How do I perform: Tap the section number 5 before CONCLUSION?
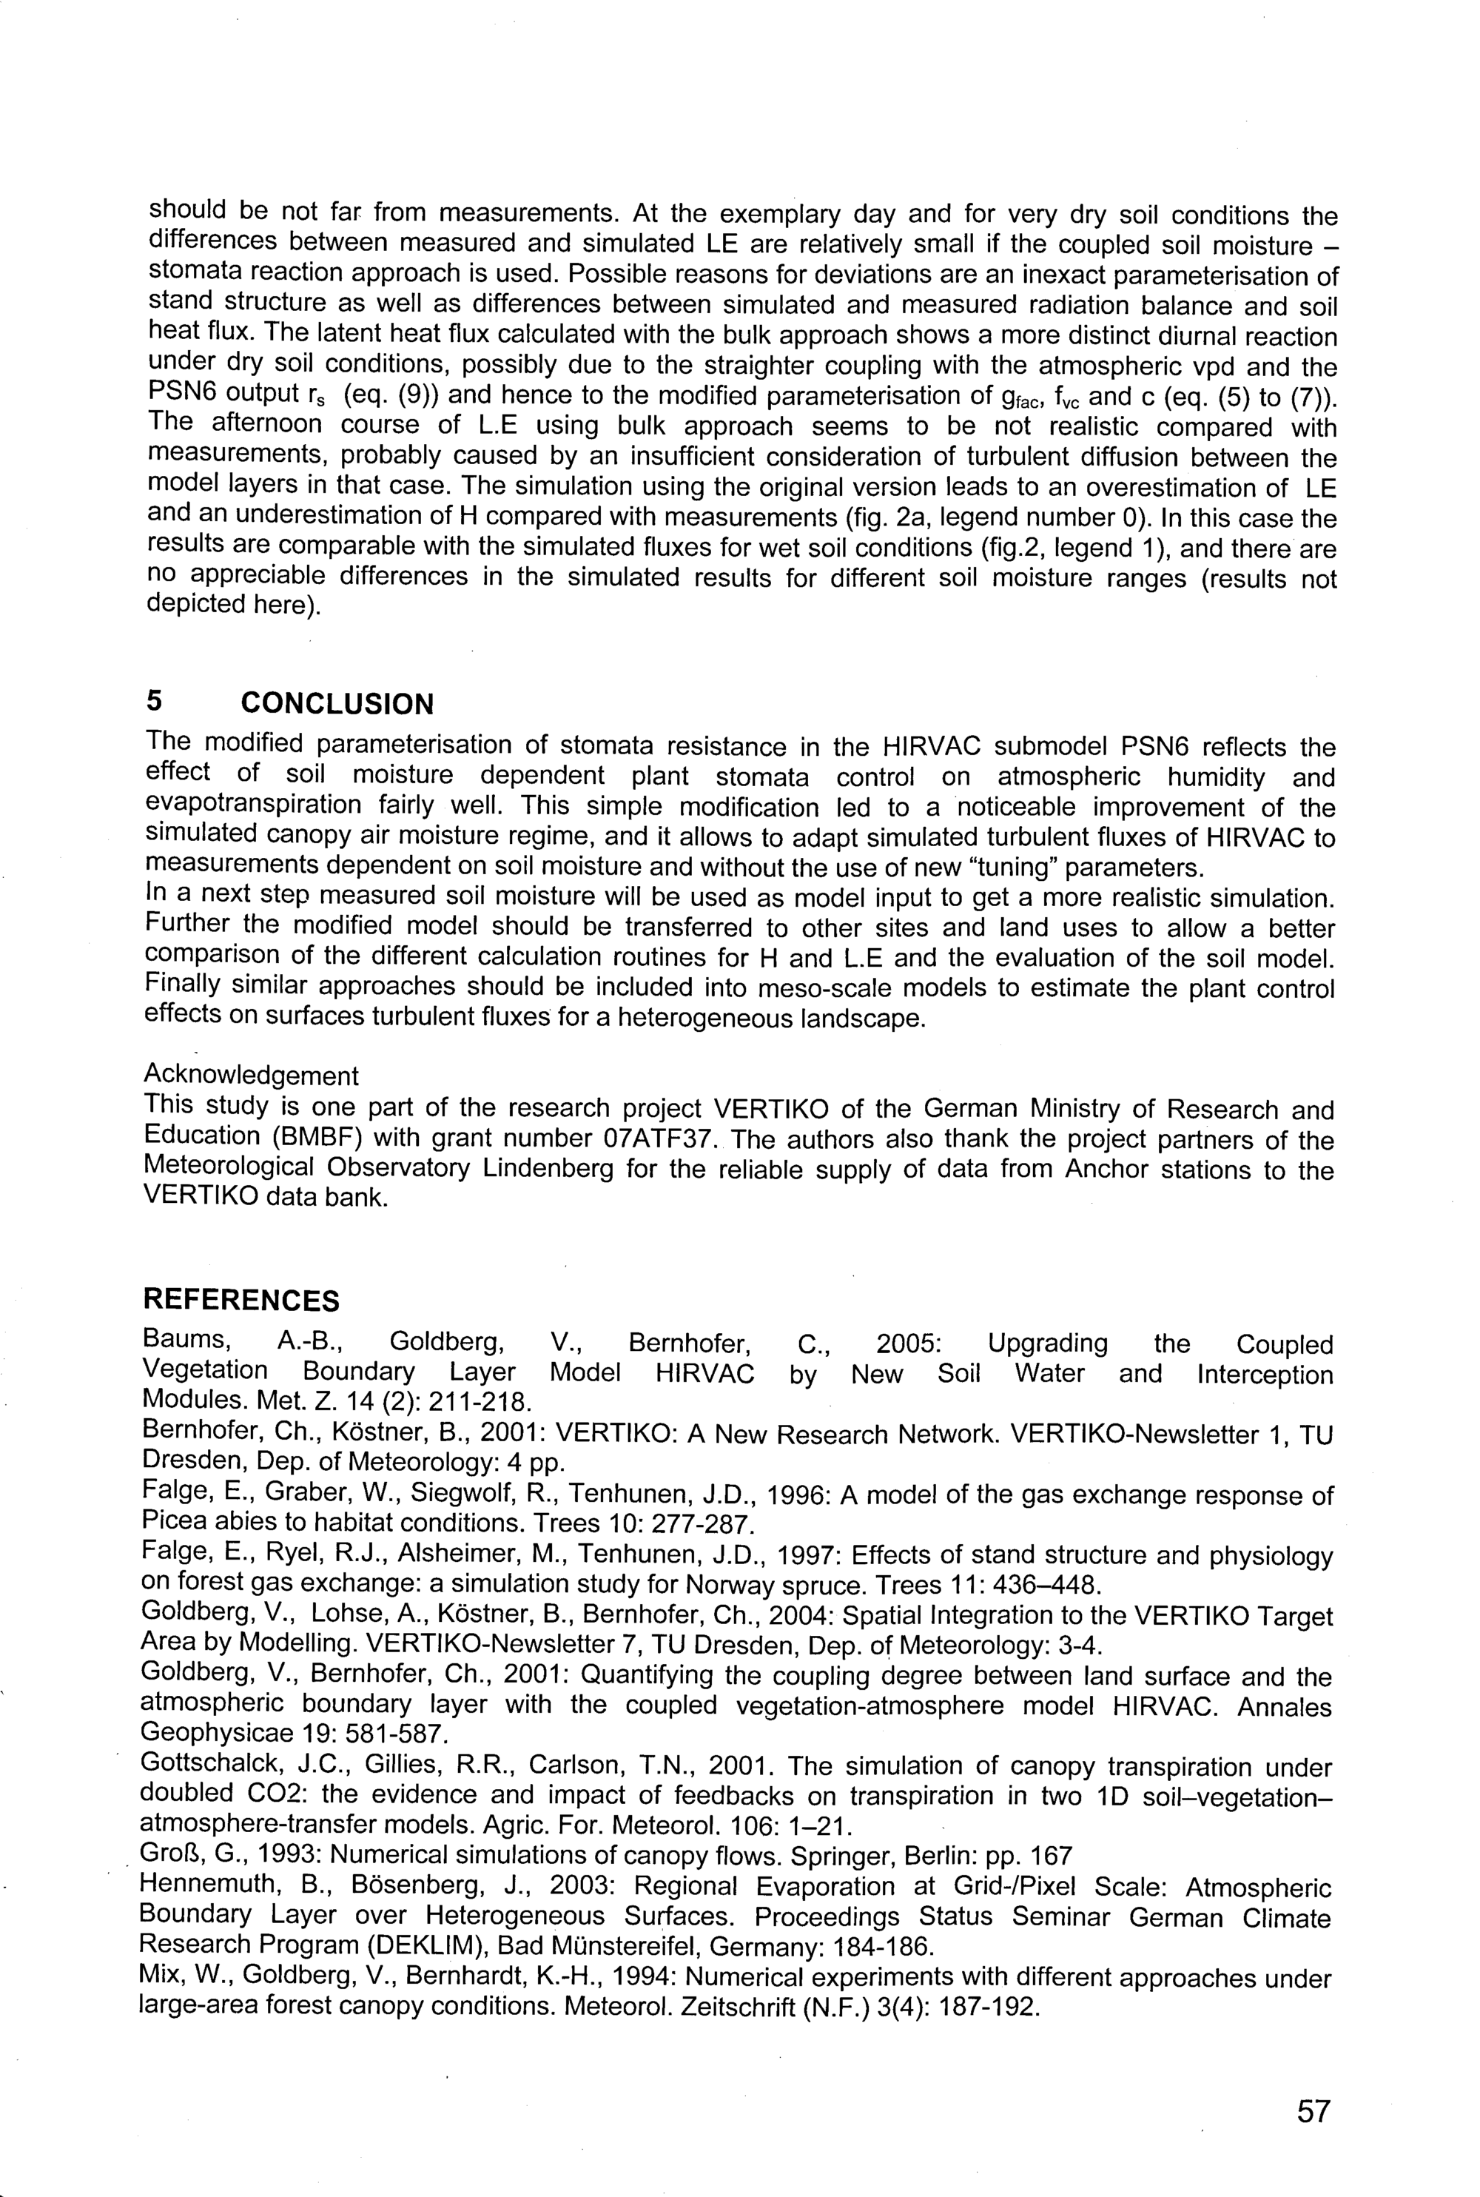(x=154, y=702)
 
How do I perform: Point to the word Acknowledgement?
(x=251, y=1076)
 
